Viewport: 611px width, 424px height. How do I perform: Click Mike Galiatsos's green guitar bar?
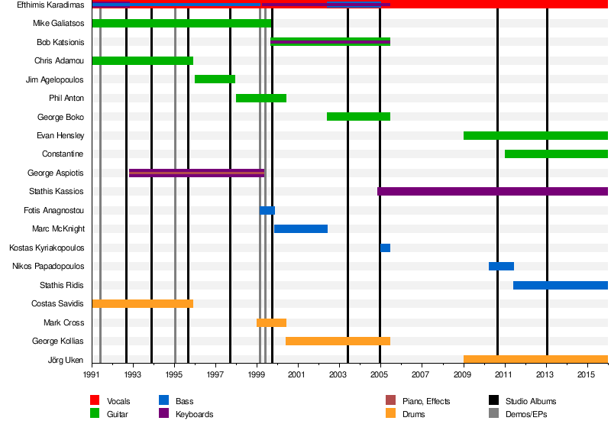(181, 23)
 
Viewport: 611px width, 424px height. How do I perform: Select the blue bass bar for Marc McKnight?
(301, 228)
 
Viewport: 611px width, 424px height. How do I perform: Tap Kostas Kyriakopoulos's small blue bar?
(385, 248)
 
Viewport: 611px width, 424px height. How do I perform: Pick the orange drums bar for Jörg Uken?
(535, 359)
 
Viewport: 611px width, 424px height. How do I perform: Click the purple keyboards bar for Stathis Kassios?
(493, 191)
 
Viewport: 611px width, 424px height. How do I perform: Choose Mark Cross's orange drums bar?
(271, 322)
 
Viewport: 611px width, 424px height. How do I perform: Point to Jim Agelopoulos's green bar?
(215, 79)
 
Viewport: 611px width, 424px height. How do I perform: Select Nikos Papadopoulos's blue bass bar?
(501, 266)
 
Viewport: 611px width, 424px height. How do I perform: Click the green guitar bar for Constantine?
(556, 154)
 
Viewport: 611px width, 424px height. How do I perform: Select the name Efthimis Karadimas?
(50, 5)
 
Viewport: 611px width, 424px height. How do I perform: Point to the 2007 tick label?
(420, 374)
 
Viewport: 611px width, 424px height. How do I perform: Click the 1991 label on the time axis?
(92, 374)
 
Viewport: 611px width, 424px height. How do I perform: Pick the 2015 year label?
(586, 374)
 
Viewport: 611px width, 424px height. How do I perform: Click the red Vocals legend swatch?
(95, 400)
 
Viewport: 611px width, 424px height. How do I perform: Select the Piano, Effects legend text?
(428, 401)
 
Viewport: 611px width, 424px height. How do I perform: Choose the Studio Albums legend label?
(531, 401)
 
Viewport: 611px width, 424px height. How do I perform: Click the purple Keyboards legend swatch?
(163, 414)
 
